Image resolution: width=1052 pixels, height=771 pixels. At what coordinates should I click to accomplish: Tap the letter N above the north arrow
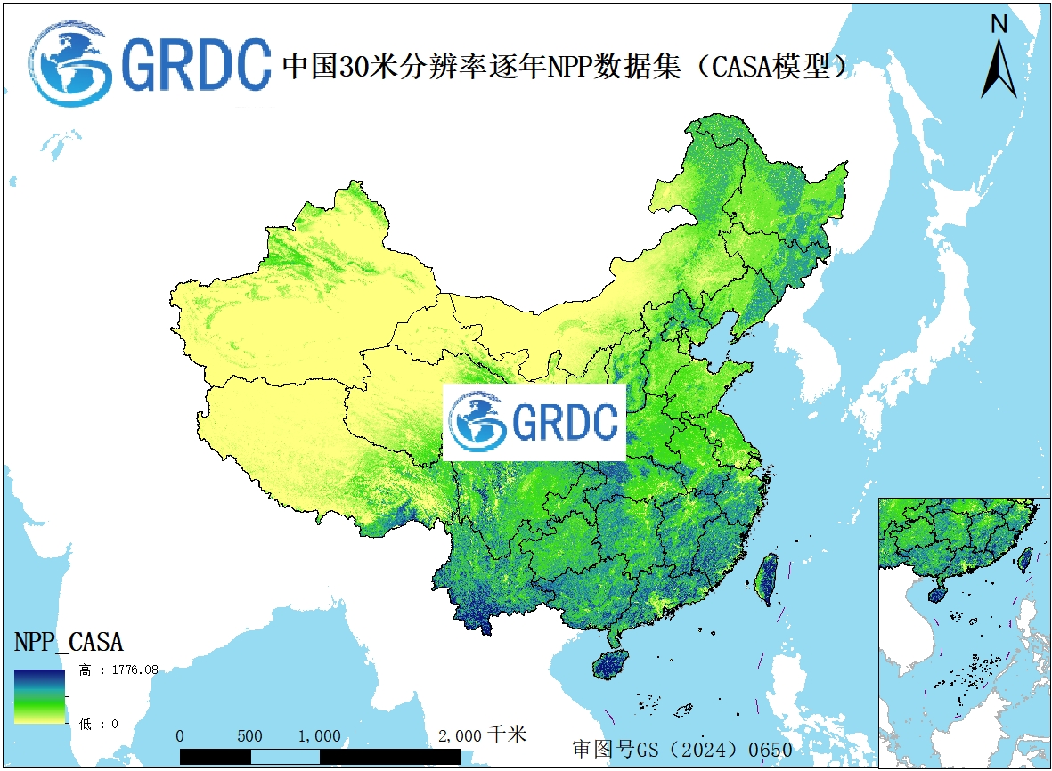pos(999,24)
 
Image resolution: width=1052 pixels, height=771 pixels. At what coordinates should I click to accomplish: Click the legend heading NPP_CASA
pos(69,641)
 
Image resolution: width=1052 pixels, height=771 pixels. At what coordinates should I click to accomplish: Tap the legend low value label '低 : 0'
pos(99,724)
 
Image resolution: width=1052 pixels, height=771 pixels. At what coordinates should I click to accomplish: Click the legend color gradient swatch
pos(39,695)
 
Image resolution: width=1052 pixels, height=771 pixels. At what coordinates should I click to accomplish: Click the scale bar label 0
pos(180,736)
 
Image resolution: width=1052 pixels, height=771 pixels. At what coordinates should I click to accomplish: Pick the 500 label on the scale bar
pos(250,736)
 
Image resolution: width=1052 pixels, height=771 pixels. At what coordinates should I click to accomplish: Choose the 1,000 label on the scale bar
pos(319,736)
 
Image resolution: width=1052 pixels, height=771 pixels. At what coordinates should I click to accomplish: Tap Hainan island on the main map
pos(611,664)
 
